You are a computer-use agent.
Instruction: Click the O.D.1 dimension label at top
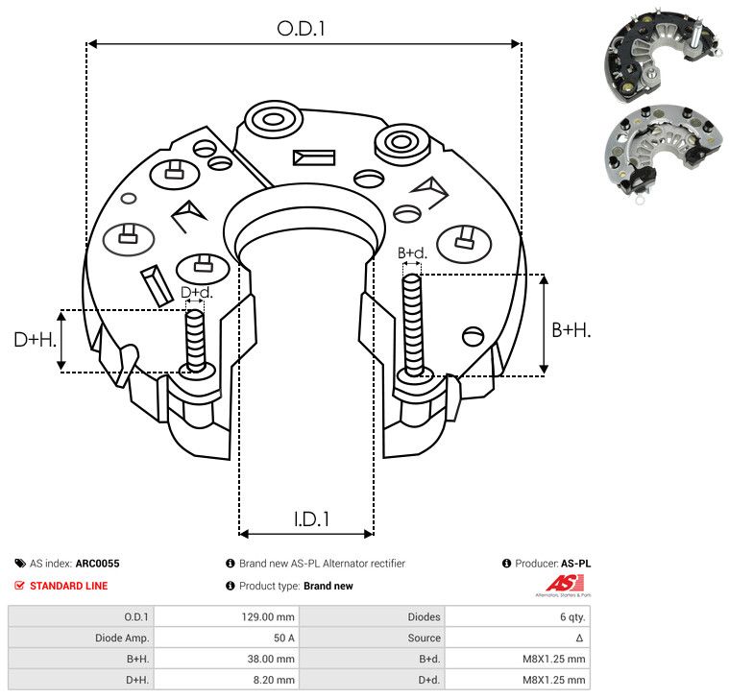(301, 29)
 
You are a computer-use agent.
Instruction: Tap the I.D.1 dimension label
(311, 519)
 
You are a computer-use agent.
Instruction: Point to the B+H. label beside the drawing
(571, 330)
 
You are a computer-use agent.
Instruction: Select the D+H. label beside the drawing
(36, 340)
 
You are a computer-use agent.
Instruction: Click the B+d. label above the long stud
(412, 253)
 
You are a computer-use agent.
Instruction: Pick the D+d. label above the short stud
(196, 292)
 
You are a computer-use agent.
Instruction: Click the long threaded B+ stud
(412, 325)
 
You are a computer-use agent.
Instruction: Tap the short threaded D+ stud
(195, 340)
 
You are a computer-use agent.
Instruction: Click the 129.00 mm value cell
(268, 617)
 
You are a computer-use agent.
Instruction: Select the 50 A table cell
(283, 638)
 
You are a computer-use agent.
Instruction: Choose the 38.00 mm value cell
(271, 659)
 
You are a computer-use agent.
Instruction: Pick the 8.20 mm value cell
(274, 680)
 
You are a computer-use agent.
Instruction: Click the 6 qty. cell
(572, 617)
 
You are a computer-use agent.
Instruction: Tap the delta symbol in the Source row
(579, 638)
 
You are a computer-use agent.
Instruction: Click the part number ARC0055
(98, 564)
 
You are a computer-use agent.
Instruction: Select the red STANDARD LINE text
(69, 586)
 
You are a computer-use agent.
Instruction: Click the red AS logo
(565, 584)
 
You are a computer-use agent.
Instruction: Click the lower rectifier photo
(665, 154)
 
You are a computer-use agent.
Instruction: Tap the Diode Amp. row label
(122, 638)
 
